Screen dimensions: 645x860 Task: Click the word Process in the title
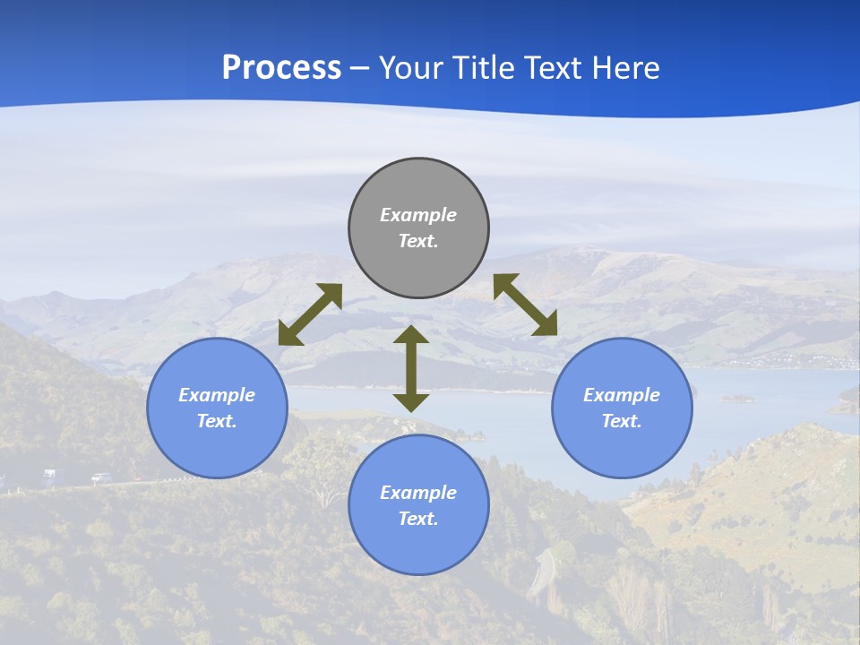pyautogui.click(x=281, y=68)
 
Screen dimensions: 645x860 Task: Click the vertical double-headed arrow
pyautogui.click(x=411, y=368)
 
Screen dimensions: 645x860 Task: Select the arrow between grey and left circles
pyautogui.click(x=310, y=314)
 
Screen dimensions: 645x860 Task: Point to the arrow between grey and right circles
pyautogui.click(x=526, y=305)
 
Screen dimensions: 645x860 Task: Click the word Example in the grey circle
pyautogui.click(x=418, y=215)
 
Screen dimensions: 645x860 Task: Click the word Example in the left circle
pyautogui.click(x=217, y=395)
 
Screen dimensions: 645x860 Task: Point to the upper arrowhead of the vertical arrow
pyautogui.click(x=411, y=334)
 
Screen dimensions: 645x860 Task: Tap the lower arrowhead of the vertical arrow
pyautogui.click(x=411, y=402)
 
